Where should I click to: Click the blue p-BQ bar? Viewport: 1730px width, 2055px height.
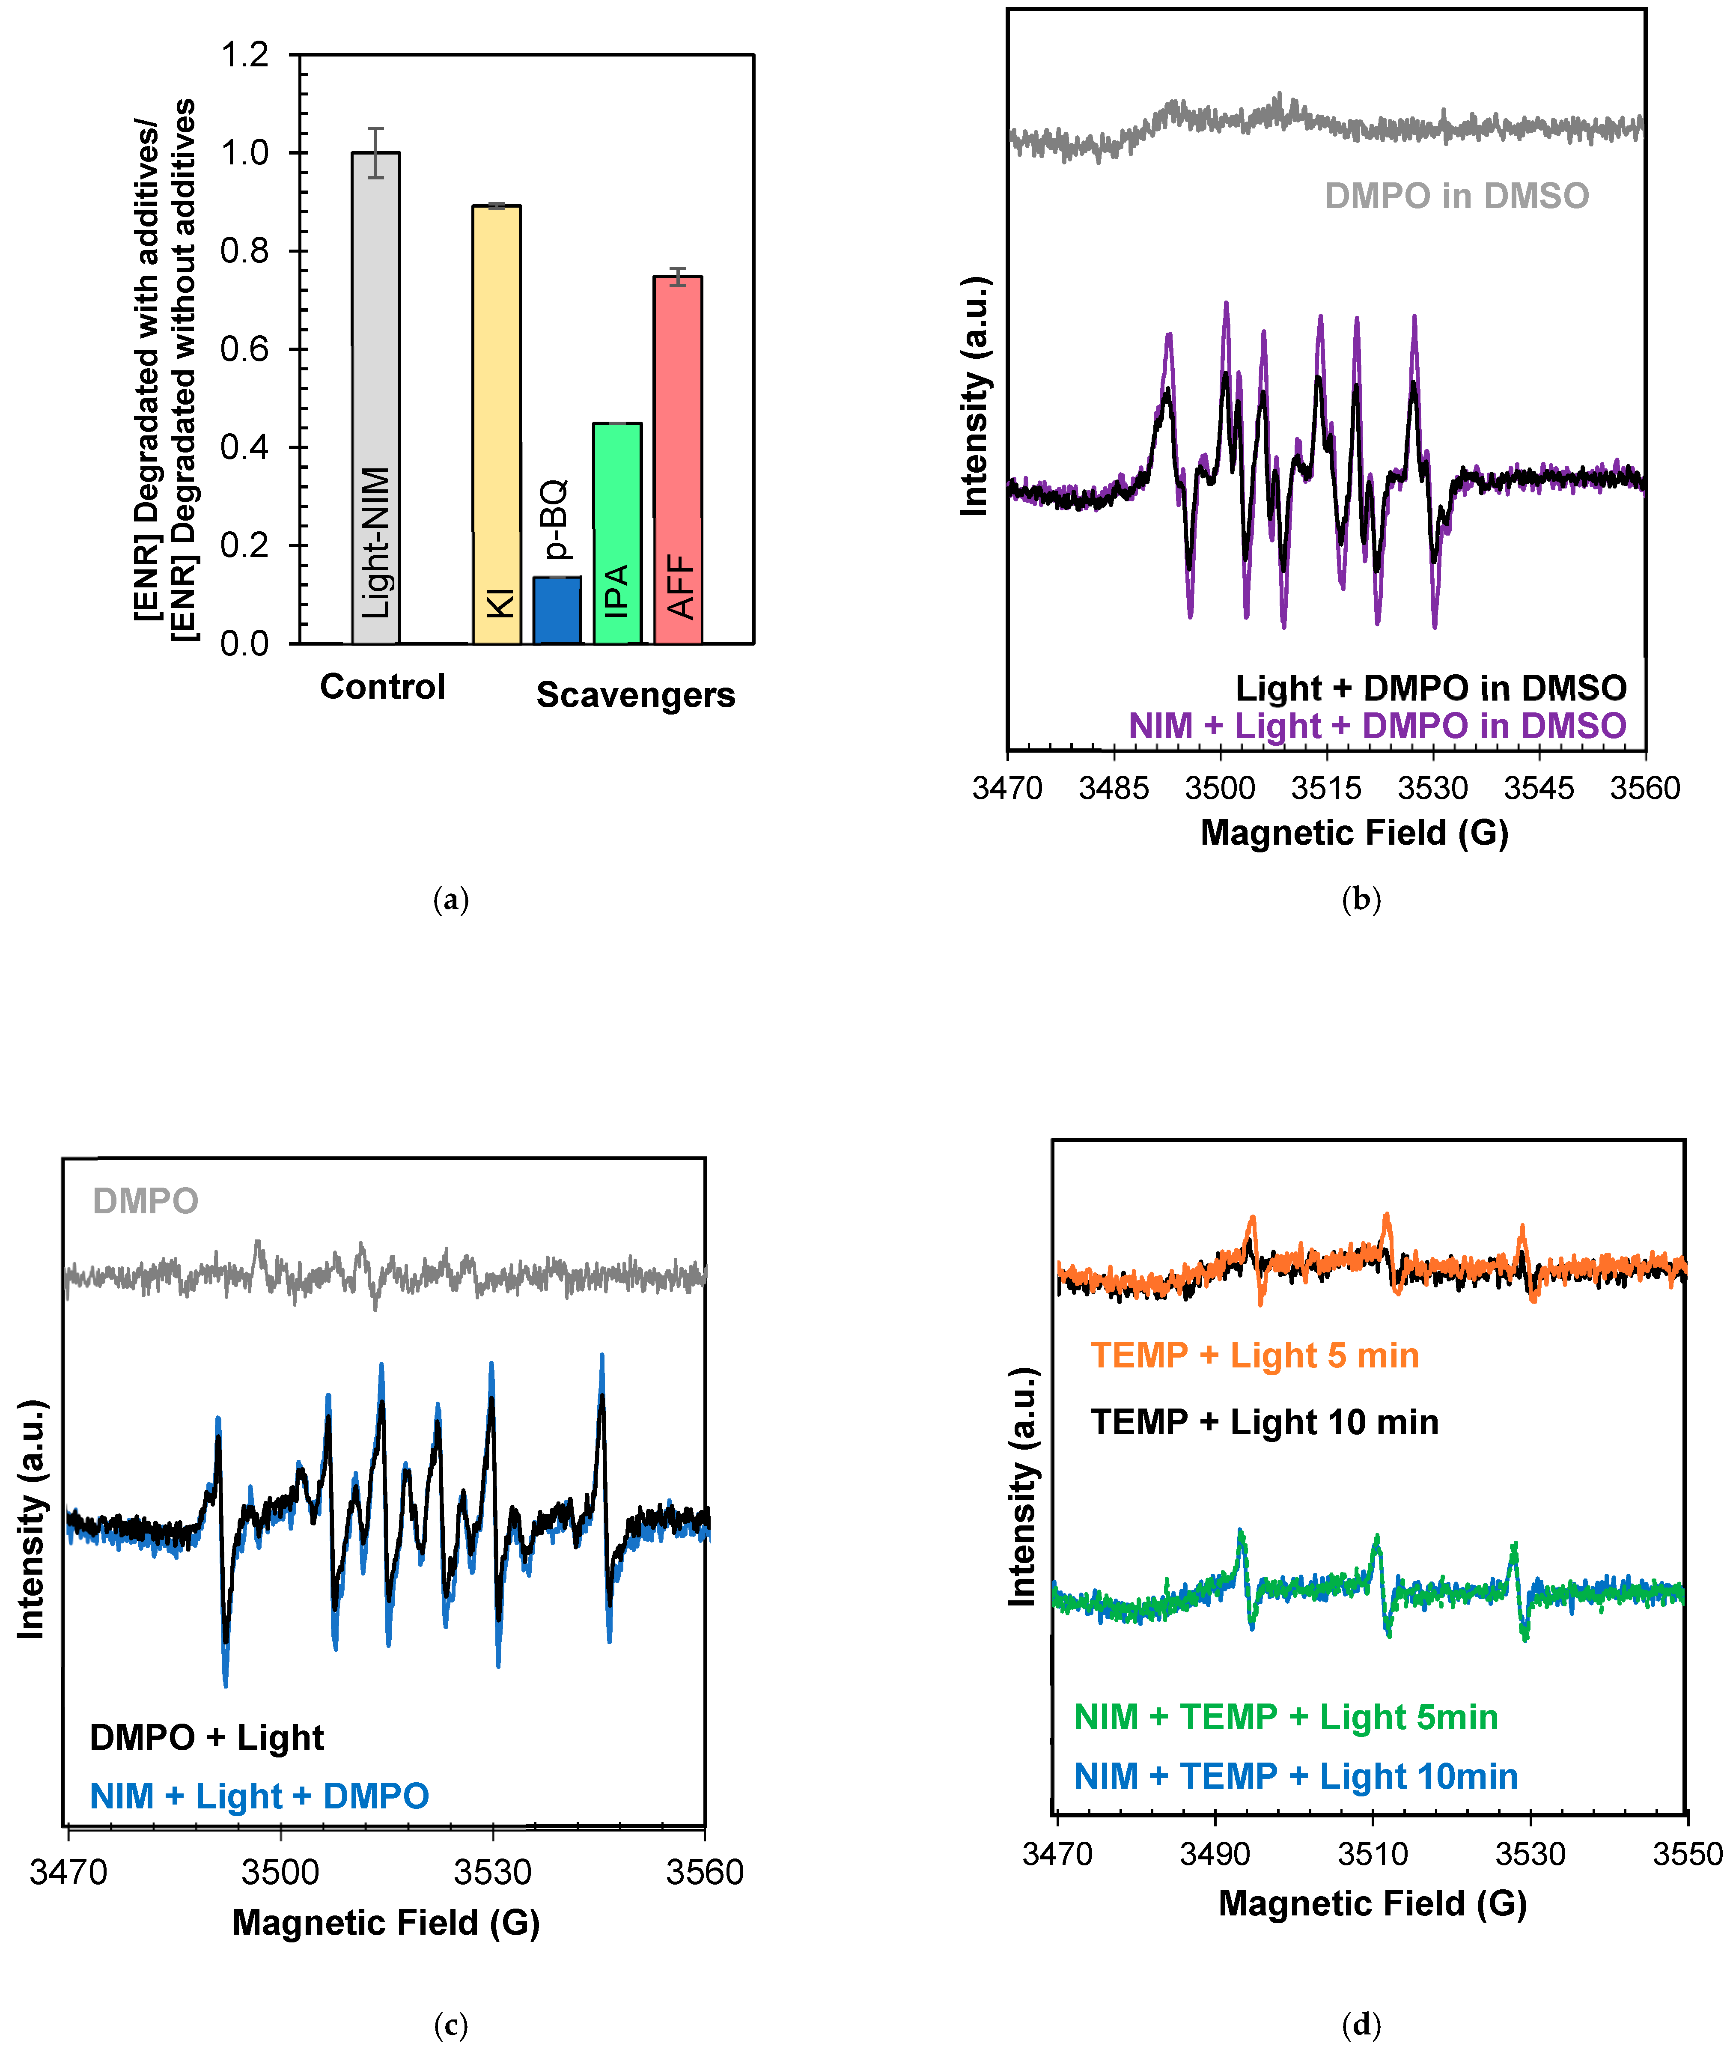click(x=557, y=610)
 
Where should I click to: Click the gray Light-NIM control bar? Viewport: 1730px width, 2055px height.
click(x=375, y=397)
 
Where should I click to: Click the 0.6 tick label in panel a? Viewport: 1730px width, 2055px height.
click(x=244, y=349)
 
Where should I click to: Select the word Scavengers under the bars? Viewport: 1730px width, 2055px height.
click(x=635, y=694)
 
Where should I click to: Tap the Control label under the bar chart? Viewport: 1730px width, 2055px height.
click(x=382, y=687)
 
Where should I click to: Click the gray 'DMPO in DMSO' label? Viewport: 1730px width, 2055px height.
click(x=1456, y=196)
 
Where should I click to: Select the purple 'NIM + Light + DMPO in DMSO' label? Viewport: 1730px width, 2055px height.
click(x=1377, y=726)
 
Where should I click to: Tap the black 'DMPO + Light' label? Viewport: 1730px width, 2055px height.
click(x=207, y=1737)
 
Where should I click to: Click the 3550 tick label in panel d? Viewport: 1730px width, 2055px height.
click(x=1687, y=1854)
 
